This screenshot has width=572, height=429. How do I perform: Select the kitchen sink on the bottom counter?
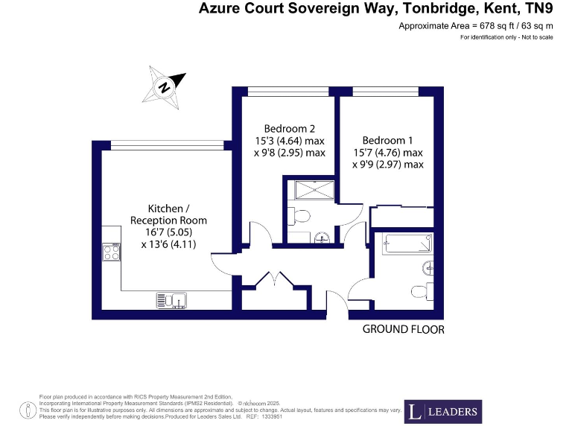click(171, 300)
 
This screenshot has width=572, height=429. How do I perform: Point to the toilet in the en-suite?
click(299, 217)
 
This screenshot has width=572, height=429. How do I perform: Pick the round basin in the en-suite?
click(321, 238)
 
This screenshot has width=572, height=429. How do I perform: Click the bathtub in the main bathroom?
click(407, 243)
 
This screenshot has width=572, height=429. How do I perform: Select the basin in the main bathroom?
click(428, 267)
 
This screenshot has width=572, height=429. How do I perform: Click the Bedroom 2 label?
click(286, 127)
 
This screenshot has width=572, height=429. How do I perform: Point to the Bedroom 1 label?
click(387, 140)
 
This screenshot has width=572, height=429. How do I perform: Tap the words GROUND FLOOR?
click(403, 329)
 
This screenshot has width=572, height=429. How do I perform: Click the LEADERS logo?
click(444, 411)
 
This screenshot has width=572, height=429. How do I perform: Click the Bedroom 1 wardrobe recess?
click(402, 217)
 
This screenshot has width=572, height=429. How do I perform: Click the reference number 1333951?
click(270, 416)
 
